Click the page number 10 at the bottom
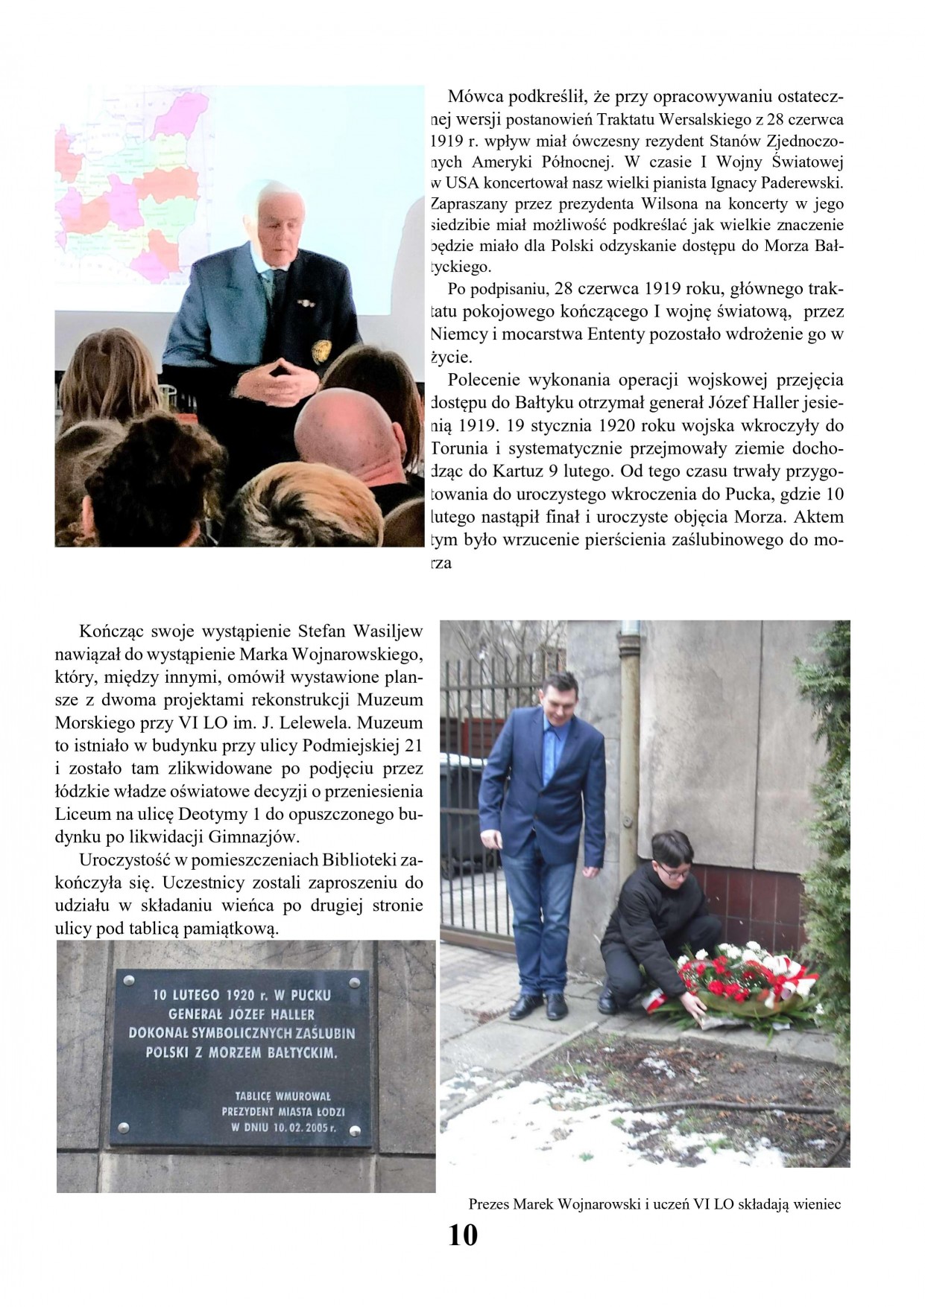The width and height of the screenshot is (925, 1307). [x=462, y=1236]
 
